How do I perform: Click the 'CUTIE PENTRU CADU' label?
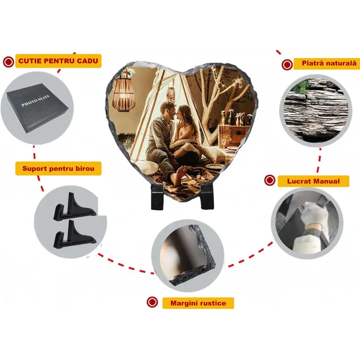[58, 61]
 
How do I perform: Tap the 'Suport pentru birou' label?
[58, 168]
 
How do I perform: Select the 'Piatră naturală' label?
[329, 63]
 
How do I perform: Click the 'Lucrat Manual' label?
[313, 181]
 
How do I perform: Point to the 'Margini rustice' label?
[198, 303]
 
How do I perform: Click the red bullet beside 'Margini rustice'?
[152, 302]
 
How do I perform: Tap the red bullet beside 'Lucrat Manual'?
[270, 180]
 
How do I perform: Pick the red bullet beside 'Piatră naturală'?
[287, 65]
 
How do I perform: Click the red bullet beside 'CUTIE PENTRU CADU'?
[9, 62]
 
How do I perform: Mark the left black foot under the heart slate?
[157, 197]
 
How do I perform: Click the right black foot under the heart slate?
[207, 196]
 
